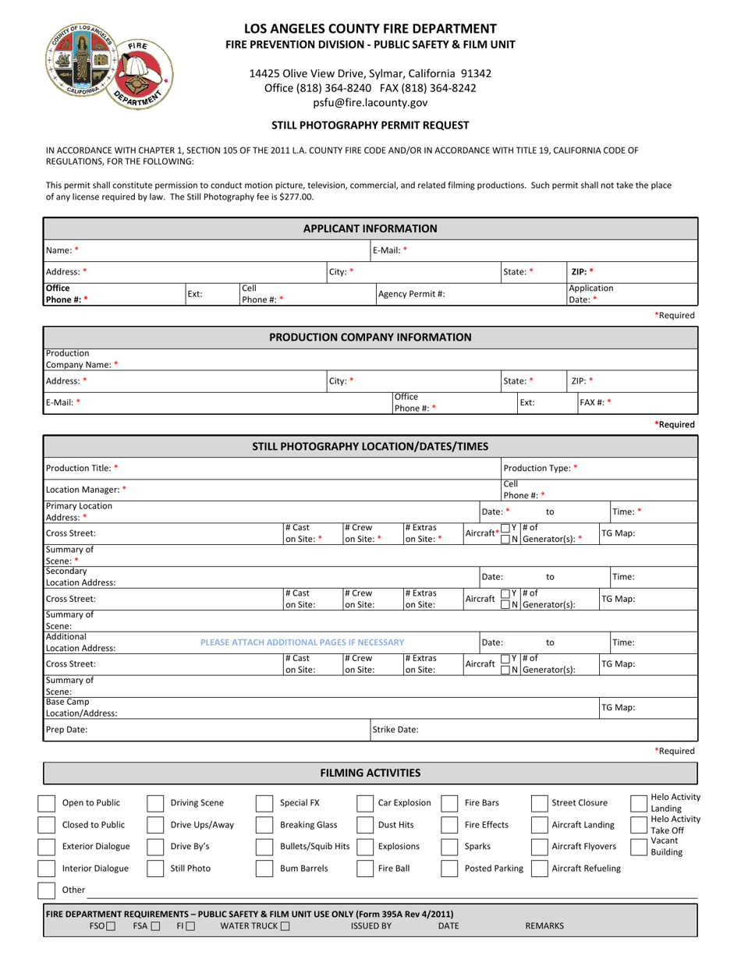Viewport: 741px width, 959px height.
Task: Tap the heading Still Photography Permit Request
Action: coord(370,125)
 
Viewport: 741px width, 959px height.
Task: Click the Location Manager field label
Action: coord(86,490)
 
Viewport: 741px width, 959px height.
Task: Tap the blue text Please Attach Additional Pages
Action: coord(302,642)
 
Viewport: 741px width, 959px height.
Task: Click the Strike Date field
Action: coord(546,731)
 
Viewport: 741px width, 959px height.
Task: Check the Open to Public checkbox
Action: coord(48,803)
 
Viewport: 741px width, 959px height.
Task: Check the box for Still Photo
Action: coord(156,869)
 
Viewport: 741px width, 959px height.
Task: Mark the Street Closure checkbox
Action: coord(540,803)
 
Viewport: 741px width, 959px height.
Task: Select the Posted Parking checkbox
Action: coord(450,869)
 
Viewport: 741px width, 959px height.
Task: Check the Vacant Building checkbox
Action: coord(639,848)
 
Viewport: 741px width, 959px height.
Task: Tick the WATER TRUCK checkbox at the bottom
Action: coord(285,926)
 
